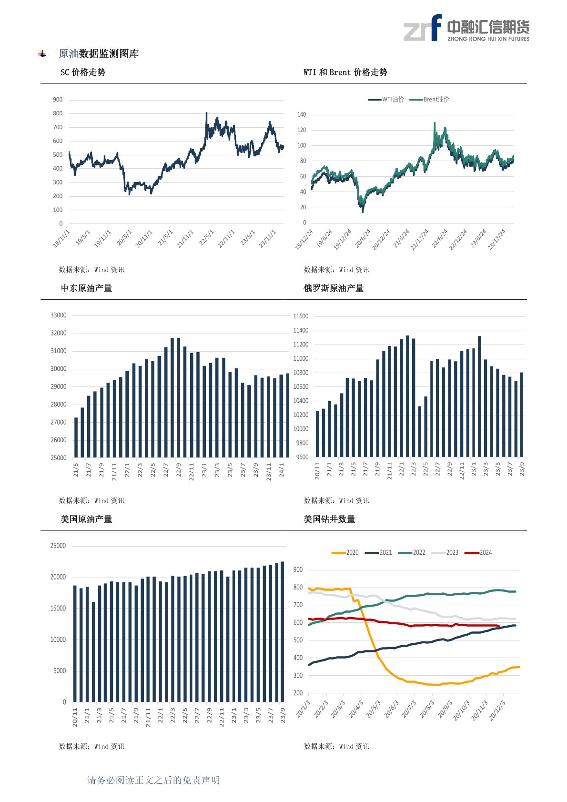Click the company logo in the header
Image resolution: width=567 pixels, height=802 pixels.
[x=466, y=28]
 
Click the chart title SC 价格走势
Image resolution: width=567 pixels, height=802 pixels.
[x=83, y=72]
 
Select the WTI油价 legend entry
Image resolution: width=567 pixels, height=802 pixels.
[x=386, y=100]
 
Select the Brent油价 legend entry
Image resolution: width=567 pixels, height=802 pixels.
[x=429, y=100]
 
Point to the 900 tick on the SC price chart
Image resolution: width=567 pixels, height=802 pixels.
[x=58, y=100]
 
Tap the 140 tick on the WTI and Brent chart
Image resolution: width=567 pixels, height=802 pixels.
[x=302, y=115]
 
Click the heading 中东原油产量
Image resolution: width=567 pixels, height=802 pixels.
[x=86, y=288]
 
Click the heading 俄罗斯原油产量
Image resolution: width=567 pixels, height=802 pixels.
[x=334, y=288]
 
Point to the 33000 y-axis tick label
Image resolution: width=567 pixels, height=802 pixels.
[x=59, y=315]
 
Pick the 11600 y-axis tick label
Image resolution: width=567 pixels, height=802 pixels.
[x=301, y=316]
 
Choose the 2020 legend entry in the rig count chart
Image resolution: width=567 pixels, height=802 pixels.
[x=345, y=553]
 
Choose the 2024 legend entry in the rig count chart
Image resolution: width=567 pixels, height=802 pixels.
[x=478, y=553]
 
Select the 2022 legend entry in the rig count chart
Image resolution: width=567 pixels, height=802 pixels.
[x=412, y=553]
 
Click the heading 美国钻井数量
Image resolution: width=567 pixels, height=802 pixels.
[x=329, y=519]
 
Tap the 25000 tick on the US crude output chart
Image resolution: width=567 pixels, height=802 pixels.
[x=58, y=546]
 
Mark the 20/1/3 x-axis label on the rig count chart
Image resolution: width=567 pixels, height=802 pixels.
[x=303, y=709]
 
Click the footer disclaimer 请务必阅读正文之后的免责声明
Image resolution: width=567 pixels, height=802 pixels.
[x=153, y=780]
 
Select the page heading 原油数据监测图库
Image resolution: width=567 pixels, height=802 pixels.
[x=99, y=54]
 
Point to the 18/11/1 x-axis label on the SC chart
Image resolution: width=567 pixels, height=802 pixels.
[x=62, y=238]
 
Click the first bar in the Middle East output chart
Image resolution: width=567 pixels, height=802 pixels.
[x=76, y=437]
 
